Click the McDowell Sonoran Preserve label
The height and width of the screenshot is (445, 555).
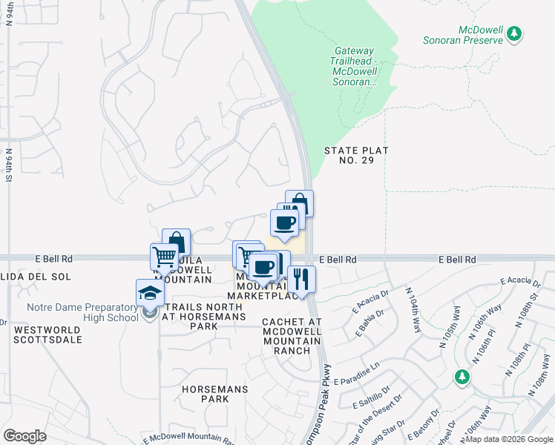tap(481, 35)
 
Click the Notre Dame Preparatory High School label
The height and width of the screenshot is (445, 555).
tap(82, 313)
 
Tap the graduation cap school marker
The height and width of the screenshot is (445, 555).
tap(150, 293)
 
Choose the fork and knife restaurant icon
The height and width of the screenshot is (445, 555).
tap(301, 279)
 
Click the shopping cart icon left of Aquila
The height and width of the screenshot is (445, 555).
tap(164, 257)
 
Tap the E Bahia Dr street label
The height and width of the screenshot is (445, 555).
tap(369, 324)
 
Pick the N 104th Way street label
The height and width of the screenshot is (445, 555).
tap(413, 311)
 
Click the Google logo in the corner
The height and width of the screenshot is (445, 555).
tap(24, 435)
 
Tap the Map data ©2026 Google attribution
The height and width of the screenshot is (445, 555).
tap(508, 439)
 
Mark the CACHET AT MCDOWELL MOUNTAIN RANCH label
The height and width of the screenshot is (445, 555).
tap(292, 336)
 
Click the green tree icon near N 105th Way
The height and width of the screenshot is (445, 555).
tap(462, 376)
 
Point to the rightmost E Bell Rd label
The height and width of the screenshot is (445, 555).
tap(456, 260)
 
